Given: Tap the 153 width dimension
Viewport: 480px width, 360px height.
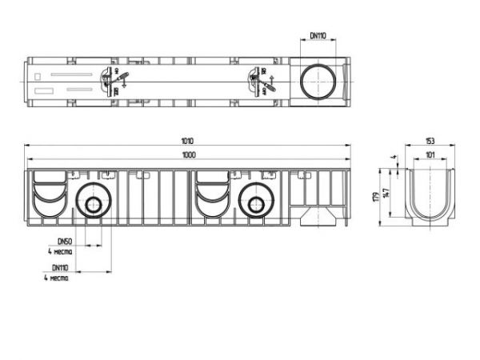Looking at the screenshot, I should (x=430, y=141).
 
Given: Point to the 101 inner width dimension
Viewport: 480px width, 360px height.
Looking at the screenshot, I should (x=430, y=156).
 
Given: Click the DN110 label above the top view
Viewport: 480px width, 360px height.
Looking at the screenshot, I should (x=319, y=35).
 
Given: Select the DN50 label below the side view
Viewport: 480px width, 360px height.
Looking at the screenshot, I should (x=63, y=241).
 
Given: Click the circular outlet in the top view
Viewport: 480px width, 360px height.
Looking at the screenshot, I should (x=318, y=80).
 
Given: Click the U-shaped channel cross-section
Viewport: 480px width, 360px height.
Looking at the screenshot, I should (x=430, y=197).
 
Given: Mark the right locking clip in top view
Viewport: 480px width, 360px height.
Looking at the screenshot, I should (x=257, y=80).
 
